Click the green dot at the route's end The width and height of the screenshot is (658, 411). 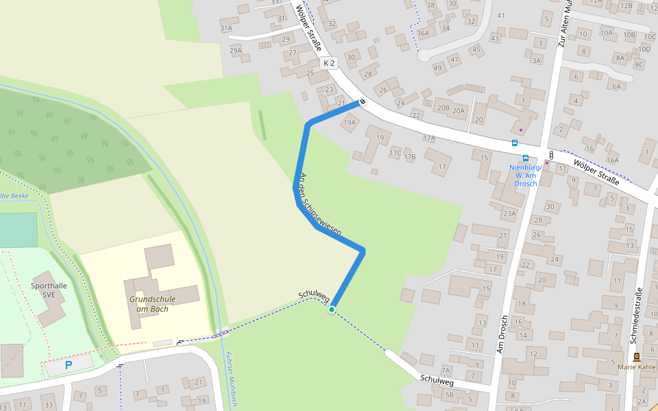click(332, 310)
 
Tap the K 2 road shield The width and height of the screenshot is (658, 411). click(330, 63)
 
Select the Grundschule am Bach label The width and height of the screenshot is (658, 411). click(152, 303)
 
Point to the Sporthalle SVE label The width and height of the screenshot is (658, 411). click(48, 289)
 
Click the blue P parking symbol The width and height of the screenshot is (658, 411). click(68, 366)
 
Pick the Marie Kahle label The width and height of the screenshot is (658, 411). click(636, 366)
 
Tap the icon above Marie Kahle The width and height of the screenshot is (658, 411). click(637, 356)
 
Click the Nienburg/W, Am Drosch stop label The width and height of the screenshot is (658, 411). click(526, 175)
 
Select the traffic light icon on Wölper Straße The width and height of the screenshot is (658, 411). click(551, 155)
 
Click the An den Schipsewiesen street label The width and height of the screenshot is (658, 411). click(321, 204)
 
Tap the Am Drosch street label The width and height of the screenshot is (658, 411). click(502, 334)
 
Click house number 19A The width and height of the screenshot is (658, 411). click(350, 123)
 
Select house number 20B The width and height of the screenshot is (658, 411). click(443, 107)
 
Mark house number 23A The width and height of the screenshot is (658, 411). click(509, 213)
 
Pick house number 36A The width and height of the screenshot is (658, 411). click(423, 32)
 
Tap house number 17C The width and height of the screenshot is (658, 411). click(395, 152)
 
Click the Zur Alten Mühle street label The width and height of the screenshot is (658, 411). click(564, 23)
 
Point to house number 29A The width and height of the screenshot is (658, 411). click(236, 50)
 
